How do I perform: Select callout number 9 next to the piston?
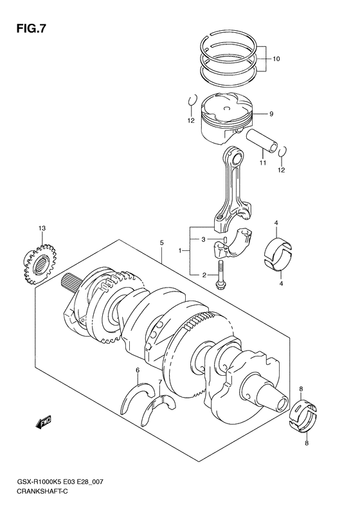click(x=271, y=114)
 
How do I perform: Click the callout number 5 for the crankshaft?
click(x=162, y=243)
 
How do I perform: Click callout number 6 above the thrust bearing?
click(x=138, y=370)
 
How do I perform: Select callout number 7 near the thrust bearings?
click(x=160, y=382)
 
